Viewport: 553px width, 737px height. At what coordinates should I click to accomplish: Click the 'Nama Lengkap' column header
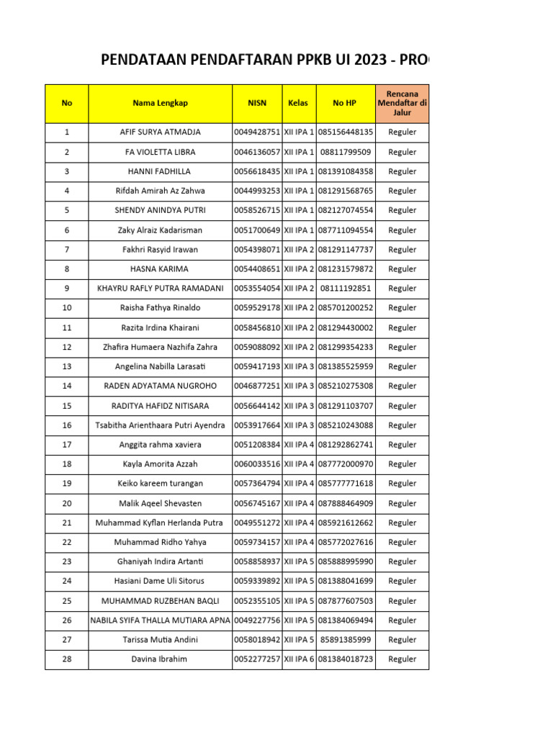[160, 103]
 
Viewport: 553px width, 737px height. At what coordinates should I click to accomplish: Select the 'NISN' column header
[256, 103]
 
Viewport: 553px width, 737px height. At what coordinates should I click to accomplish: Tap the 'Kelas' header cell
[298, 103]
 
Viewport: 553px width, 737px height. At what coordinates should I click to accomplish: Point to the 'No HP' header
[345, 103]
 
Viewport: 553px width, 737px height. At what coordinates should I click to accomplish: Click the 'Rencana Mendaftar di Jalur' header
[402, 103]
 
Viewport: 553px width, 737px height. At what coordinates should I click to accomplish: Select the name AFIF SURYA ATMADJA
[160, 132]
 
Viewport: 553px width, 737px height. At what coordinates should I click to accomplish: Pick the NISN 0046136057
[257, 152]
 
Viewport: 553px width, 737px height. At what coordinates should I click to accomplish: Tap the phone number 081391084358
[346, 171]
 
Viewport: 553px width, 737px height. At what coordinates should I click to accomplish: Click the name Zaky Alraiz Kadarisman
[160, 230]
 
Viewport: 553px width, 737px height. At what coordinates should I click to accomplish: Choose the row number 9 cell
[67, 289]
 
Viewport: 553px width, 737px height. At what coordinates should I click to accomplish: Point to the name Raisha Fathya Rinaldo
[160, 308]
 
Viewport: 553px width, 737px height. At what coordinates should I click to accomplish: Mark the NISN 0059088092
[257, 347]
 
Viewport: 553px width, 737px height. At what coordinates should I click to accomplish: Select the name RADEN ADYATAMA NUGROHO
[160, 386]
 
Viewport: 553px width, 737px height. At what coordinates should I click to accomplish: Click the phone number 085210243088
[346, 425]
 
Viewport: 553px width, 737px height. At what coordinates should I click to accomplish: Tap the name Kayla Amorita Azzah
[160, 464]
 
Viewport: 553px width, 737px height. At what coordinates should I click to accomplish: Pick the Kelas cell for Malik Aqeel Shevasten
[299, 503]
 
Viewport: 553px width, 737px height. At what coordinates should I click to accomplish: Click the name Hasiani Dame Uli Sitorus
[160, 581]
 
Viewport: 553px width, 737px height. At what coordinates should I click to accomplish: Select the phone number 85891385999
[346, 639]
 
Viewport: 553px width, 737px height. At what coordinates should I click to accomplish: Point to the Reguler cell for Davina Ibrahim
[402, 659]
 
